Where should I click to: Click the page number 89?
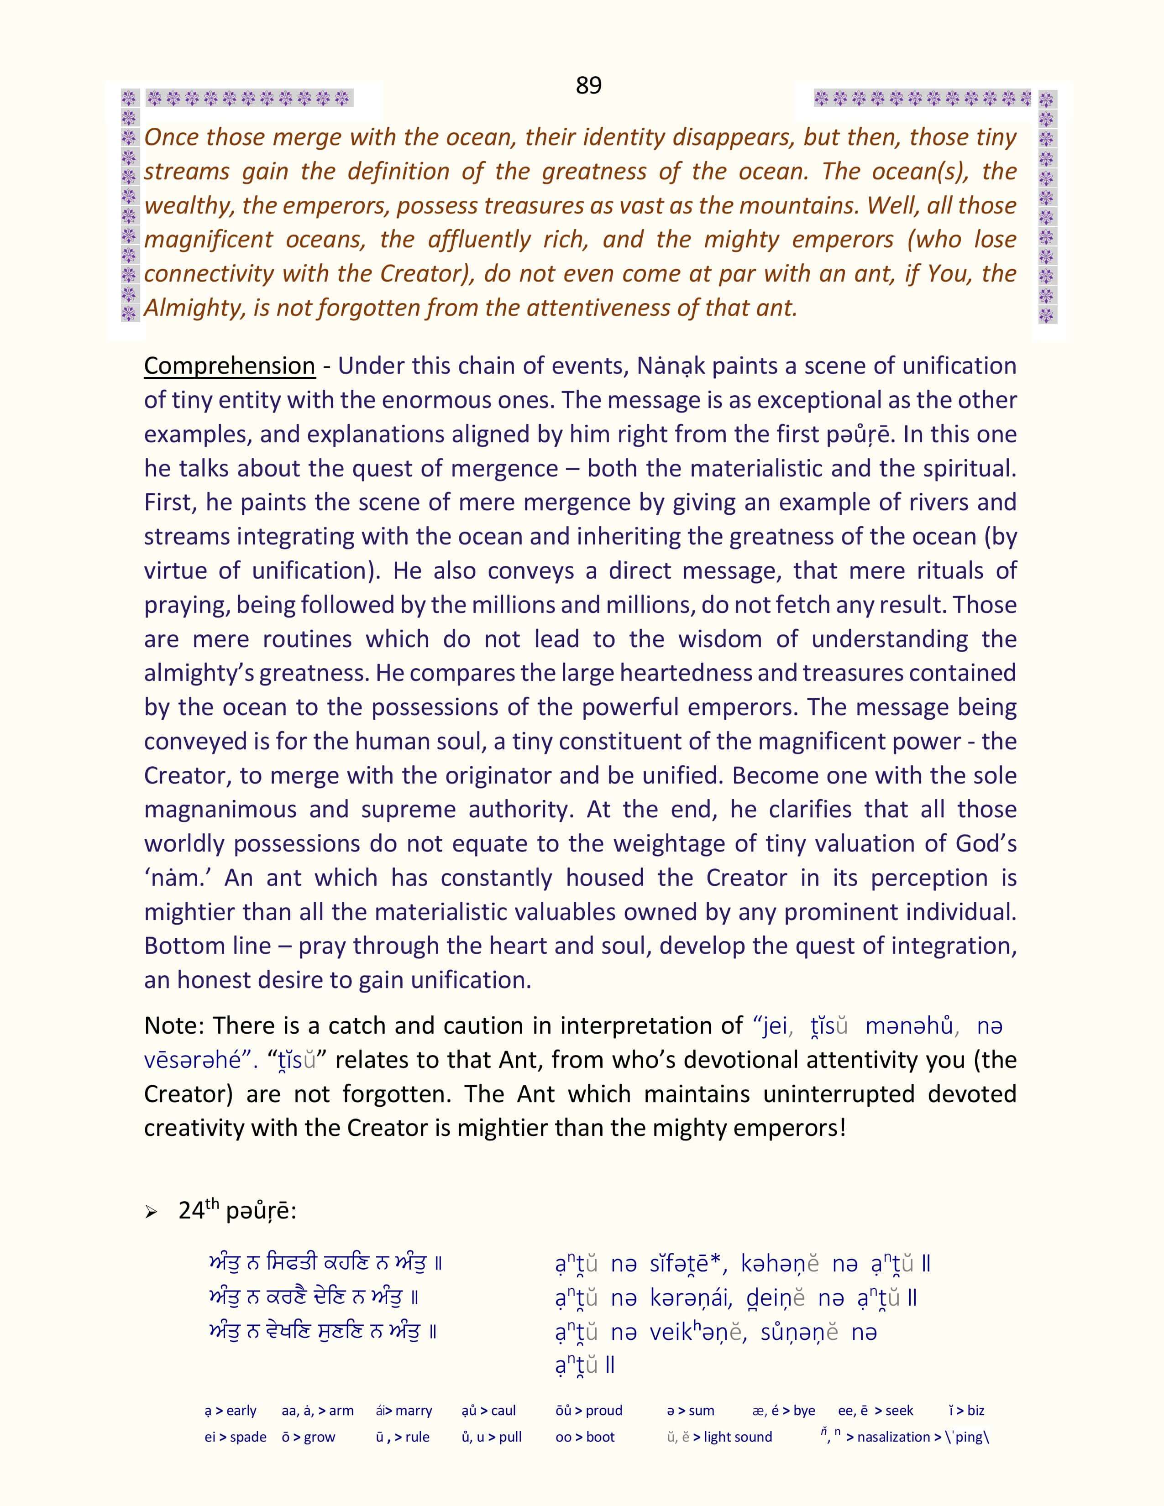(x=588, y=85)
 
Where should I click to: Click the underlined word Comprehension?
(x=229, y=366)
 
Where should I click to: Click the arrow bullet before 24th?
(x=152, y=1212)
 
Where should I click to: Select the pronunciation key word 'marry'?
(x=413, y=1411)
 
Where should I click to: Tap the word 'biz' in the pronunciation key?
(x=976, y=1411)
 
